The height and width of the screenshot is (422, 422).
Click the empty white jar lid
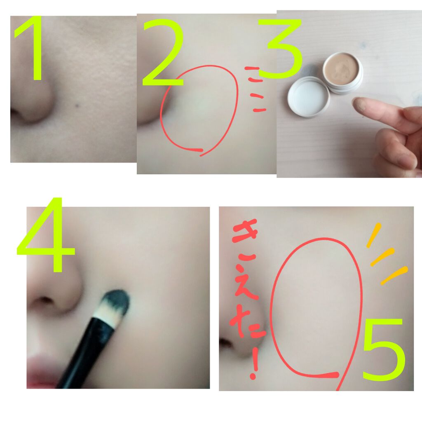click(308, 96)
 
